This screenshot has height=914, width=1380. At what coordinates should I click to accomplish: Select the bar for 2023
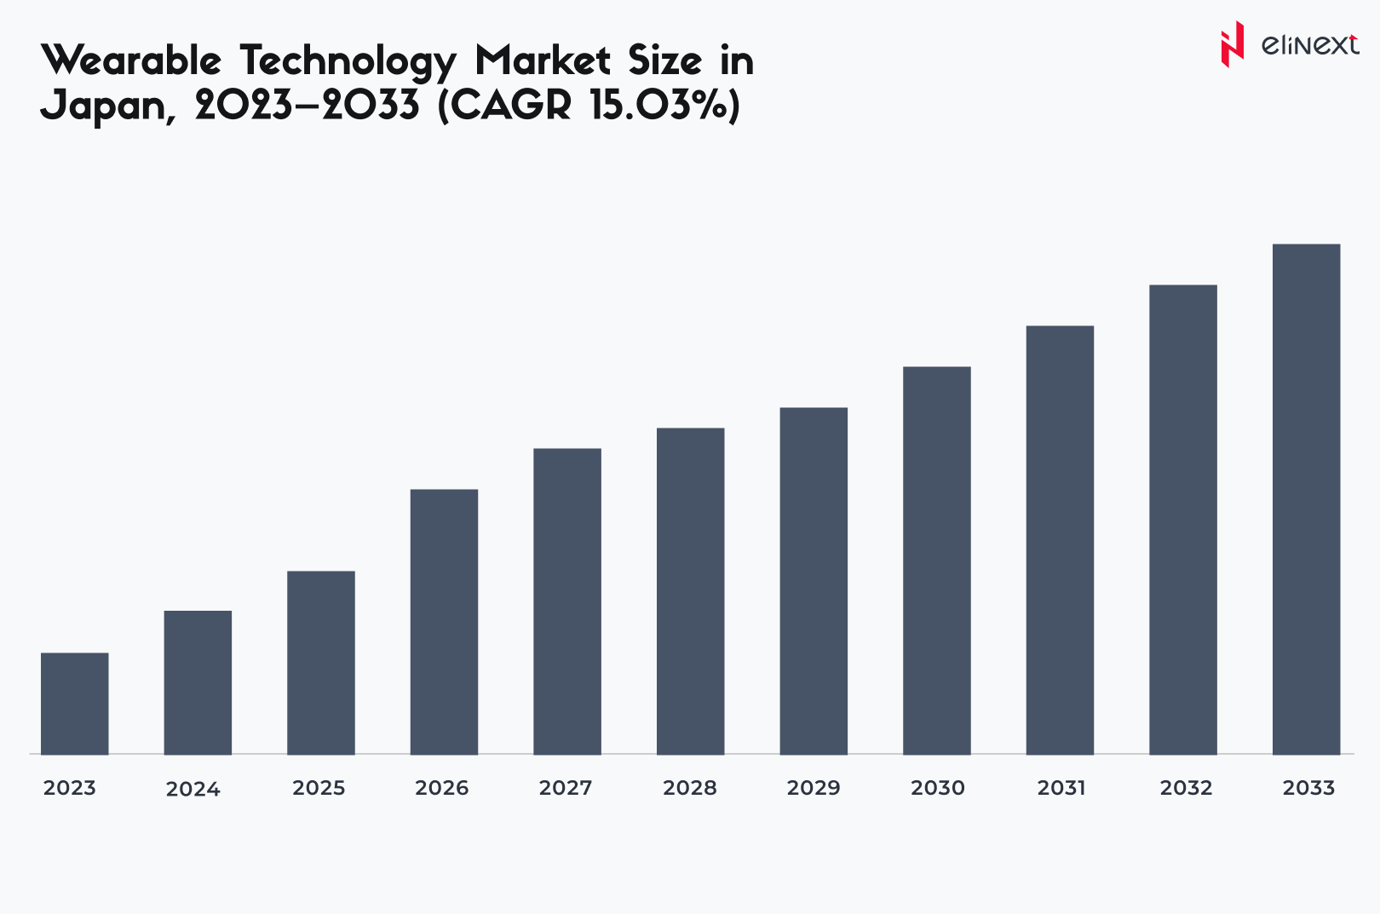click(75, 704)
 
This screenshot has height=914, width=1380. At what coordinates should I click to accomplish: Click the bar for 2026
click(444, 622)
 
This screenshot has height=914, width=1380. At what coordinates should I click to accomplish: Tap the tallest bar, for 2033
click(1306, 499)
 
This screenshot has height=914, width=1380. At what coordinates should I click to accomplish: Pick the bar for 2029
click(814, 581)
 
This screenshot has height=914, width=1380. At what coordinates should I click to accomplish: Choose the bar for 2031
click(1060, 540)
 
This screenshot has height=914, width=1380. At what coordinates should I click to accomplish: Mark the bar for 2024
click(198, 682)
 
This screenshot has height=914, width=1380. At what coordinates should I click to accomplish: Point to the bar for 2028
click(690, 591)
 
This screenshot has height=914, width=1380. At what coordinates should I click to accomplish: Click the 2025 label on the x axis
click(319, 788)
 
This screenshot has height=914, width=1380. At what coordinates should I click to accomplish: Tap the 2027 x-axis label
click(566, 788)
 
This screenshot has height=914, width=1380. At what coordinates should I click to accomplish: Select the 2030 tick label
click(937, 788)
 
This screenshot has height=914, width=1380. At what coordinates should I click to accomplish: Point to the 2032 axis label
click(1186, 788)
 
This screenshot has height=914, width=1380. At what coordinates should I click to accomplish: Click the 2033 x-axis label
click(1308, 788)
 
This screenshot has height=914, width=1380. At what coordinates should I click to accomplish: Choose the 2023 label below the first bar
click(70, 788)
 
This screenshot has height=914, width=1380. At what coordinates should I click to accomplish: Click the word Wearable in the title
click(131, 61)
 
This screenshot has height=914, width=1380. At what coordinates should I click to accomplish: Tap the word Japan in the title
click(104, 106)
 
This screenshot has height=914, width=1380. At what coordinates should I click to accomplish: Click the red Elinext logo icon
click(1231, 44)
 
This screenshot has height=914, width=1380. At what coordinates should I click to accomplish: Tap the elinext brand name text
click(1309, 44)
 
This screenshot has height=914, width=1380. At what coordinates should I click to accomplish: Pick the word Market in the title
click(543, 61)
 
